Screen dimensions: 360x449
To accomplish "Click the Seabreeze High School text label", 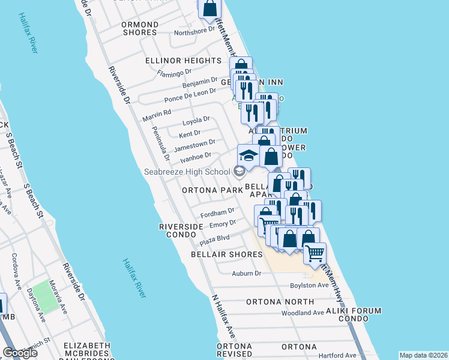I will coord(186,172).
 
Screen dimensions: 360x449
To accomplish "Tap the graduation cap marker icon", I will coord(249,156).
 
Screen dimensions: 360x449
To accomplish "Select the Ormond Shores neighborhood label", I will coord(140,28).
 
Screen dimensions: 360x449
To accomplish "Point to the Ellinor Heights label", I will coord(183,61).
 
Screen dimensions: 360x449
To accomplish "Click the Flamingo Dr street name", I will coord(174,72).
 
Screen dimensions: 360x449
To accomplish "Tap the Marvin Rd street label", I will coord(157,112).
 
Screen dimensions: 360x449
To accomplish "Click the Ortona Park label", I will coord(208,190).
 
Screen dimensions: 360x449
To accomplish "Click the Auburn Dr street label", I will coord(247,274).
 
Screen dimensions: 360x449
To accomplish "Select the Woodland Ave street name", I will coord(303,313).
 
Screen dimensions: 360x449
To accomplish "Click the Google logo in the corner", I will coord(20,353).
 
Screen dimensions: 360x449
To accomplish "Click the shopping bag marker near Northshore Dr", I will coord(210,8).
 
